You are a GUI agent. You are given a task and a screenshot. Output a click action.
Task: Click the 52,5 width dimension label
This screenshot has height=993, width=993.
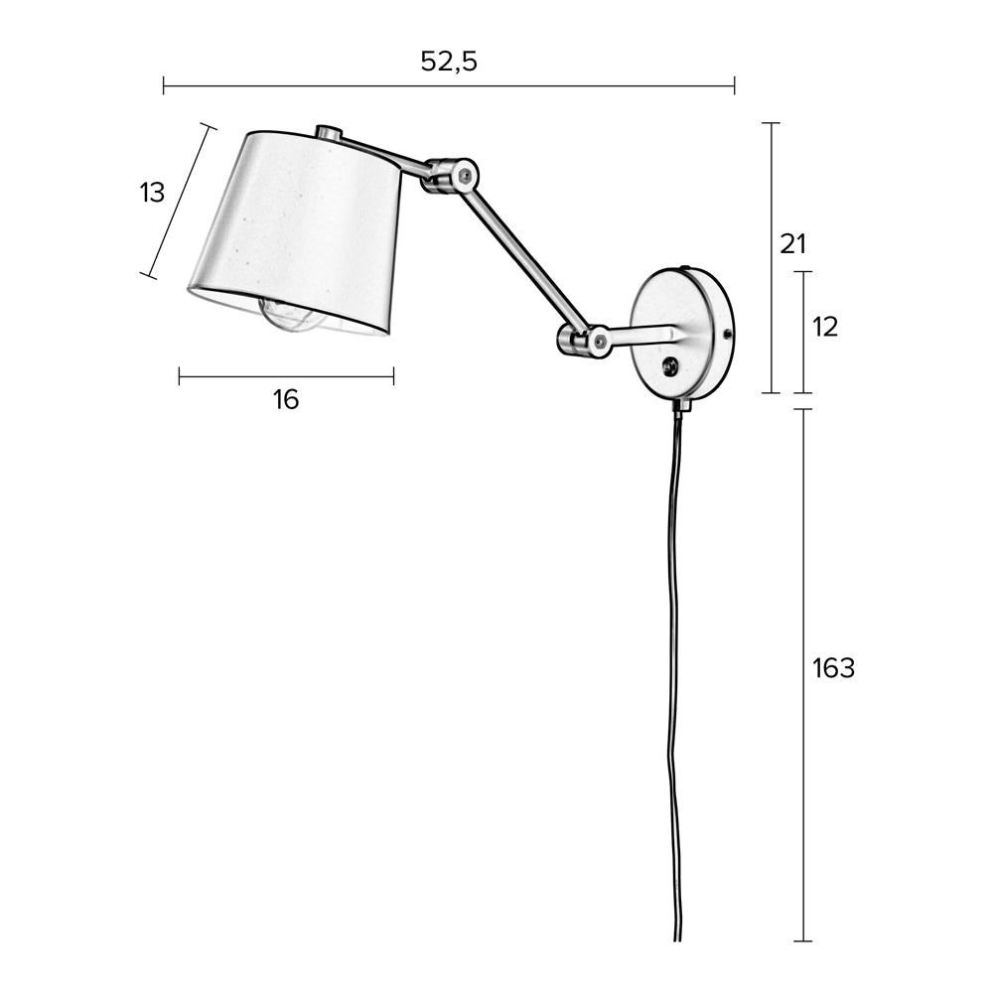[449, 62]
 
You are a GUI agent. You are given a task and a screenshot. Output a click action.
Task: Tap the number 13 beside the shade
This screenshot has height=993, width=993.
[152, 193]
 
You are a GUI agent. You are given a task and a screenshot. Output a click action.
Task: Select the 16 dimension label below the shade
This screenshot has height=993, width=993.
[286, 400]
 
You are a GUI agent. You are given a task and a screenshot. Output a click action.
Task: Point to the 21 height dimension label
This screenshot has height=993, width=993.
[793, 244]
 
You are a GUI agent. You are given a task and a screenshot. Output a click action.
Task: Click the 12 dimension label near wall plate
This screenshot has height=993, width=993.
[824, 327]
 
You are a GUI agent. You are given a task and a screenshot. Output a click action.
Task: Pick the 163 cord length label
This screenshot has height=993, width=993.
[833, 669]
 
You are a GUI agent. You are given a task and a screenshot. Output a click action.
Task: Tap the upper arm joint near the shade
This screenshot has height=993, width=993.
[451, 176]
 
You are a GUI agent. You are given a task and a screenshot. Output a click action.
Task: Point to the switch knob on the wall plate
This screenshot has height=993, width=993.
[671, 366]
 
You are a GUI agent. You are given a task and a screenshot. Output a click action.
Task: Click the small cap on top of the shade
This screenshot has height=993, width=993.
[329, 132]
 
